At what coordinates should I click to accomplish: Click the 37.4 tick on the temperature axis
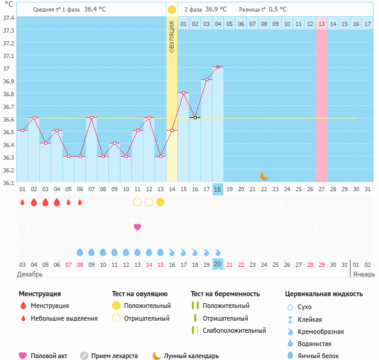pos(8,18)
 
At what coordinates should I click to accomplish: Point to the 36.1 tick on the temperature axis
pos(8,182)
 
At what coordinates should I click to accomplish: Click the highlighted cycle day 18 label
pos(218,189)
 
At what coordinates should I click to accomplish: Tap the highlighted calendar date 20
pos(218,264)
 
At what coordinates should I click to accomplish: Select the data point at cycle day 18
pos(218,67)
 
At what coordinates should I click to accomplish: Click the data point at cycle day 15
pos(183,93)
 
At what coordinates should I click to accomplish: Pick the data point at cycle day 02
pos(34,117)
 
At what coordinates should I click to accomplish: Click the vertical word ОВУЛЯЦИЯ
pos(172,36)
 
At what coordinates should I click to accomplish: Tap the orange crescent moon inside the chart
pos(264,176)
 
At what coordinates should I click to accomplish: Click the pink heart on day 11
pos(137,227)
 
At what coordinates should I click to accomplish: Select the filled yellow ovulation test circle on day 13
pos(160,202)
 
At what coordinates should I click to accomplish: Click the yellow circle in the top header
pos(172,10)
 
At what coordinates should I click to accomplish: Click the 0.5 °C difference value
pos(278,10)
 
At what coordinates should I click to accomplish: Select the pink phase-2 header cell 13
pos(321,24)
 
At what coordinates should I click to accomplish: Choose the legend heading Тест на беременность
pos(225,294)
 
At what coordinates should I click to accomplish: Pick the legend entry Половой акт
pos(48,356)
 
